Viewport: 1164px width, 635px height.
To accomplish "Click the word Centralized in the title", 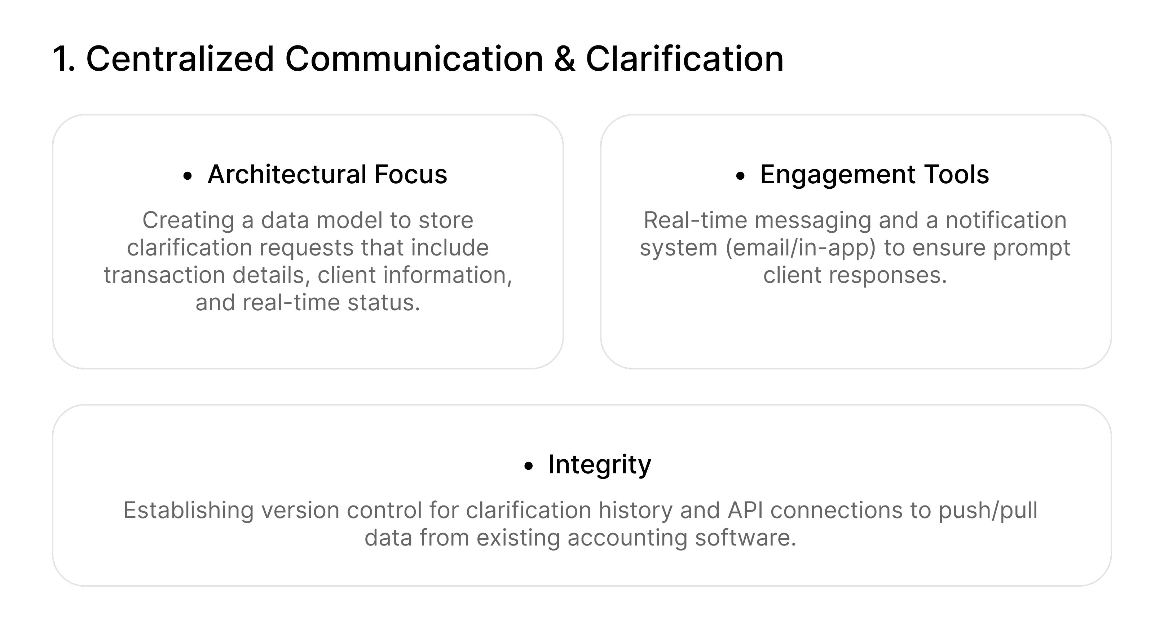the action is [x=180, y=59].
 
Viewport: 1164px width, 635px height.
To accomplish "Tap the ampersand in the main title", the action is [x=564, y=59].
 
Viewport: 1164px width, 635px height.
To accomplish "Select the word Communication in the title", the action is [x=414, y=59].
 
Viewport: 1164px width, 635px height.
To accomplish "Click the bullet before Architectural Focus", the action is [x=188, y=176].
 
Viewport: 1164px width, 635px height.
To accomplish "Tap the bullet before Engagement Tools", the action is [x=740, y=176].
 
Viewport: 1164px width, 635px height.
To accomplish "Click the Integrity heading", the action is [x=600, y=465].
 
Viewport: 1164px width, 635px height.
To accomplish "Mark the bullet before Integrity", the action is [x=528, y=467].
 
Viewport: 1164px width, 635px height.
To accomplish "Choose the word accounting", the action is [x=627, y=538].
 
